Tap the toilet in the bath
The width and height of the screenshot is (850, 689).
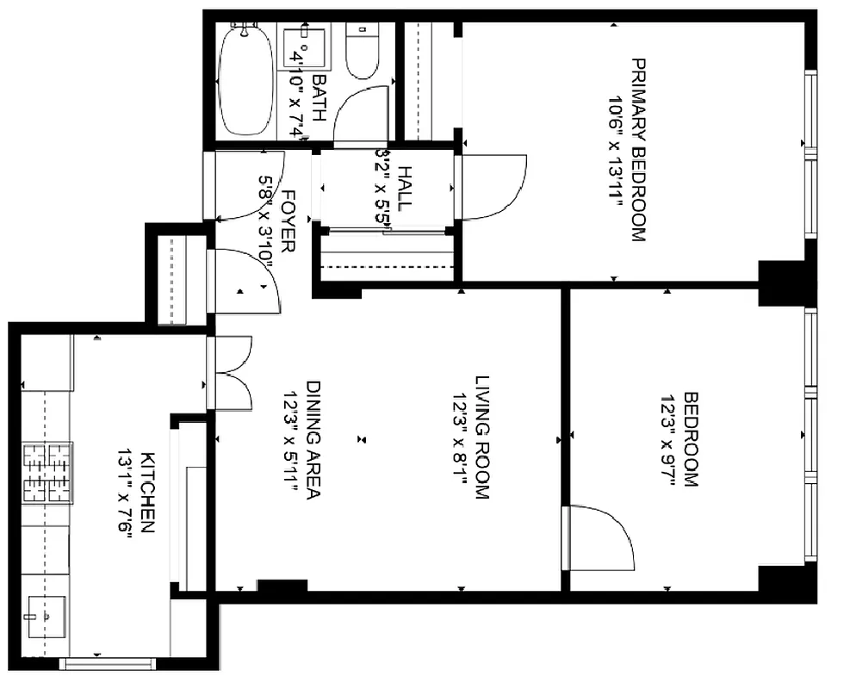pos(361,52)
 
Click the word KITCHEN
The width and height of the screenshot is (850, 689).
pos(147,492)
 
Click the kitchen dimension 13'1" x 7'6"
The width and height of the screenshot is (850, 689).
pos(124,492)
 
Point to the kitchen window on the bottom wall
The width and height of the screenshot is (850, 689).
pos(107,663)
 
